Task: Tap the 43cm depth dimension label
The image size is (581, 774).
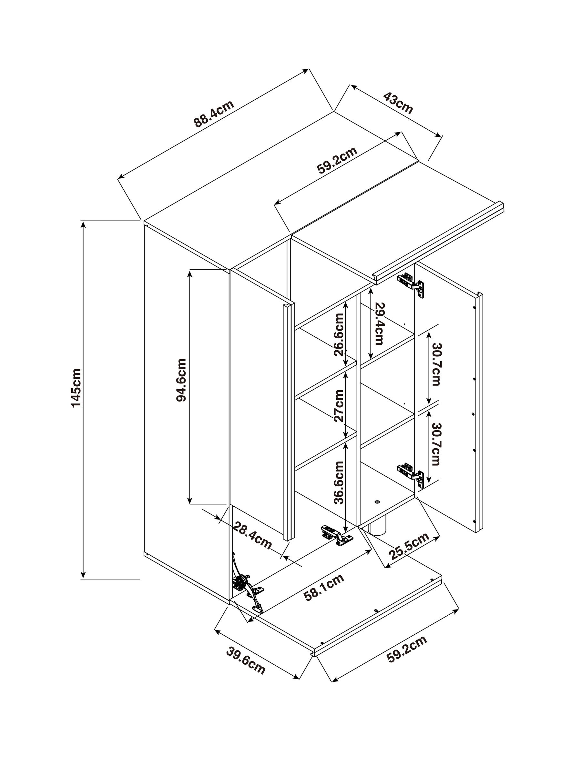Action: coord(398,103)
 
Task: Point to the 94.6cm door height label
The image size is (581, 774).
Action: coord(181,380)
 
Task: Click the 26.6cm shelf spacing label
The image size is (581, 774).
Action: coord(339,334)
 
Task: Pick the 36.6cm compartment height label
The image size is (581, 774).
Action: coord(339,482)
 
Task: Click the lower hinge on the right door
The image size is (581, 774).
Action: coord(411,475)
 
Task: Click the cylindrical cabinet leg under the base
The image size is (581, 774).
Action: coord(376,531)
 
